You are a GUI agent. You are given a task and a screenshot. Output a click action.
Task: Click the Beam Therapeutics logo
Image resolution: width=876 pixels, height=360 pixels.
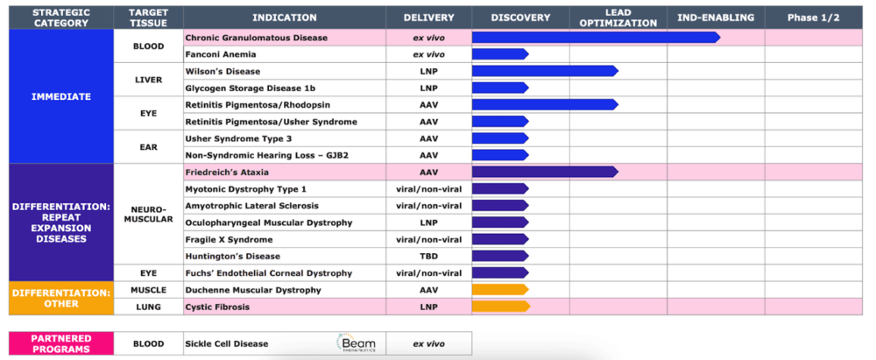pyautogui.click(x=357, y=342)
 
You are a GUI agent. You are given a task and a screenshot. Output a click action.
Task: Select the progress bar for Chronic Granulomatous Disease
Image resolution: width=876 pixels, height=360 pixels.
pyautogui.click(x=596, y=38)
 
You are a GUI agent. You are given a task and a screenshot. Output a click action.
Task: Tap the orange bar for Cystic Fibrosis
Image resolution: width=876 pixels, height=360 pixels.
pyautogui.click(x=500, y=307)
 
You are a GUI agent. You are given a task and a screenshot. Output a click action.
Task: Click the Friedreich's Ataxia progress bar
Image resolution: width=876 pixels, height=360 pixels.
pyautogui.click(x=545, y=173)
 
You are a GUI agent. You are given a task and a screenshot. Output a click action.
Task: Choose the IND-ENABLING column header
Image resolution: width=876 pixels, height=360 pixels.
pyautogui.click(x=716, y=18)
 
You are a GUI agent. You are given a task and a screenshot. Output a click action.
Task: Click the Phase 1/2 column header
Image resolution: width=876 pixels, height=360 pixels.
pyautogui.click(x=814, y=18)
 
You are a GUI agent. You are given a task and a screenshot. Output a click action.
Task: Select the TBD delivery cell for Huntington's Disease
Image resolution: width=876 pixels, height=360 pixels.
pyautogui.click(x=428, y=256)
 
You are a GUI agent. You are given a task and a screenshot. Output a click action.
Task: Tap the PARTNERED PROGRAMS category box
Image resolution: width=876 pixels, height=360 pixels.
pyautogui.click(x=61, y=343)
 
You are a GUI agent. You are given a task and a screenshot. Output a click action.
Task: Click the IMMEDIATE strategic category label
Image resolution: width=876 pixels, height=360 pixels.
pyautogui.click(x=61, y=96)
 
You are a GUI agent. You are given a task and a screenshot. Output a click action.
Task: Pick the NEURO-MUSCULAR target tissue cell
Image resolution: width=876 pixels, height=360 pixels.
pyautogui.click(x=148, y=214)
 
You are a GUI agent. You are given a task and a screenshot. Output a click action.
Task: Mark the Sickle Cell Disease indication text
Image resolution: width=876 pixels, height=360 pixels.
pyautogui.click(x=226, y=343)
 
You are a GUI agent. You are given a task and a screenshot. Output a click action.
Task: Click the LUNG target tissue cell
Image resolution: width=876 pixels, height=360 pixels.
pyautogui.click(x=148, y=307)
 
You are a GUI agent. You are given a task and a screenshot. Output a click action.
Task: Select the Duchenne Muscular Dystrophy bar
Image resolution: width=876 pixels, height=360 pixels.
pyautogui.click(x=500, y=290)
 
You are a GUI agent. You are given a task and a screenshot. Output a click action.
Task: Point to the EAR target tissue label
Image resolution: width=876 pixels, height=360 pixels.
pyautogui.click(x=148, y=147)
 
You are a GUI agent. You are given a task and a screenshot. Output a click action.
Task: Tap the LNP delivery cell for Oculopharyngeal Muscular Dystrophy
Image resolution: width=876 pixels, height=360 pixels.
pyautogui.click(x=428, y=222)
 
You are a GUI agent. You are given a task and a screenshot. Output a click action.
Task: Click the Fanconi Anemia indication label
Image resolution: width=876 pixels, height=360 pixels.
pyautogui.click(x=220, y=55)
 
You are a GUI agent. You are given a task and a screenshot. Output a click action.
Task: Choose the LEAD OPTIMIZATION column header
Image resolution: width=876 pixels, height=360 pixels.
pyautogui.click(x=618, y=18)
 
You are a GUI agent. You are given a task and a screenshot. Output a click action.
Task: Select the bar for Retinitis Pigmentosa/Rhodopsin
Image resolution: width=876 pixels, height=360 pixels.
pyautogui.click(x=545, y=105)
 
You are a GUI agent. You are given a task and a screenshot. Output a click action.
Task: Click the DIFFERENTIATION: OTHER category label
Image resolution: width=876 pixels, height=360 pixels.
pyautogui.click(x=61, y=299)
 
